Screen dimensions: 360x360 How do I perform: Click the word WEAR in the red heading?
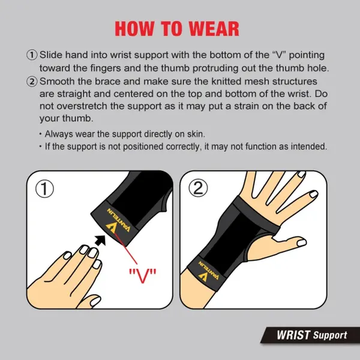coord(211,28)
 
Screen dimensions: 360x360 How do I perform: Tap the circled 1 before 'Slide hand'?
coord(32,55)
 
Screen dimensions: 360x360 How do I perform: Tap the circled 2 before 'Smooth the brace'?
coord(32,81)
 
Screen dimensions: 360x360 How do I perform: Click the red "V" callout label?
coord(142,275)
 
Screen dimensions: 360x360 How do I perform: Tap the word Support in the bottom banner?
coord(329,335)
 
